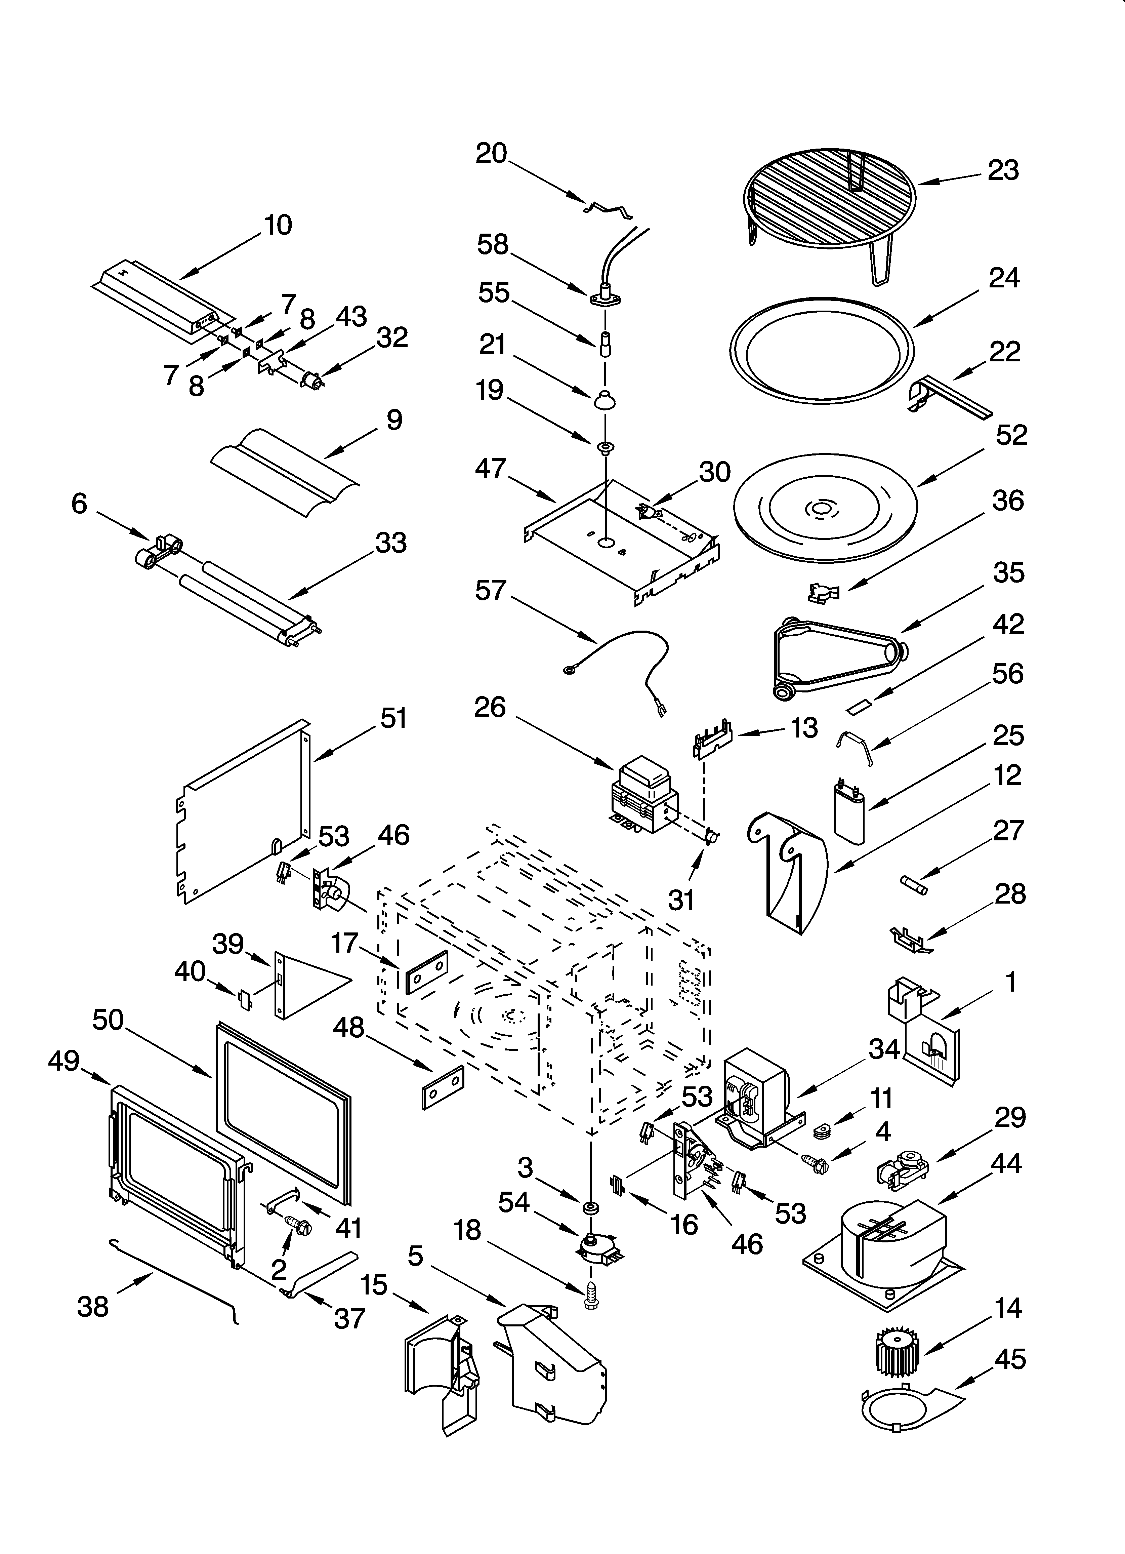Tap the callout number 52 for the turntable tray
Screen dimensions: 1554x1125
coord(1011,435)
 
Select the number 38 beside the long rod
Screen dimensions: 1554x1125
coord(93,1307)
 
